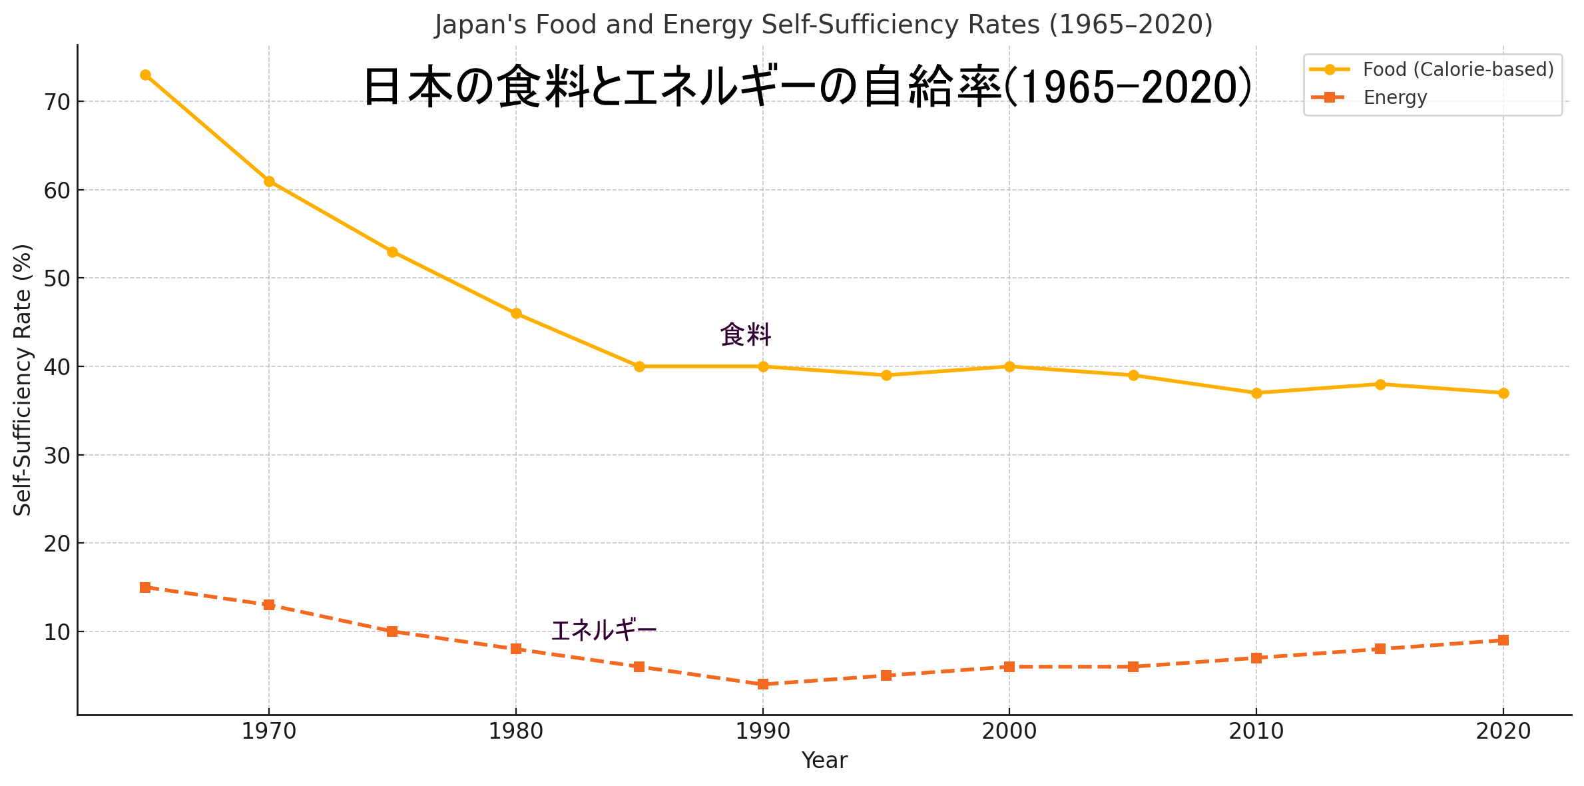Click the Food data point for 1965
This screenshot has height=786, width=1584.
click(145, 75)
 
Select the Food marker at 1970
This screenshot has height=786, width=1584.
click(269, 181)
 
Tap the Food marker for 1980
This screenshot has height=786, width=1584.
click(516, 314)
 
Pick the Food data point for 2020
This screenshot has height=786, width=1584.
click(1503, 393)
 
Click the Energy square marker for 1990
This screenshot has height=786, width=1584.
click(763, 684)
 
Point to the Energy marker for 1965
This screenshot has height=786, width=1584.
click(145, 588)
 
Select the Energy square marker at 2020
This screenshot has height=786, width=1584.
click(1503, 640)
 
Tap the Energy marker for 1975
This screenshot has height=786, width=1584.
click(392, 631)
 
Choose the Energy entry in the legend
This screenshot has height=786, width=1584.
click(1395, 98)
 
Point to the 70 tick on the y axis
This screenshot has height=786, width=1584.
click(57, 102)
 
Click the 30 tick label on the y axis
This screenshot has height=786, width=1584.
click(57, 456)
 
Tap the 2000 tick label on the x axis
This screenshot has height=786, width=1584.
click(1009, 732)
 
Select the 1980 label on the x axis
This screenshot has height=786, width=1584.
click(516, 732)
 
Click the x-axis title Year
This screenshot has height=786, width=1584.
click(824, 761)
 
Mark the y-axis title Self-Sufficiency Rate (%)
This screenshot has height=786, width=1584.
click(23, 380)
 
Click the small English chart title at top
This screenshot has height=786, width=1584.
click(824, 25)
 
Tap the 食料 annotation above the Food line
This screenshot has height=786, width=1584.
click(746, 334)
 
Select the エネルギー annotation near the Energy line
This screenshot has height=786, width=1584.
click(604, 630)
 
